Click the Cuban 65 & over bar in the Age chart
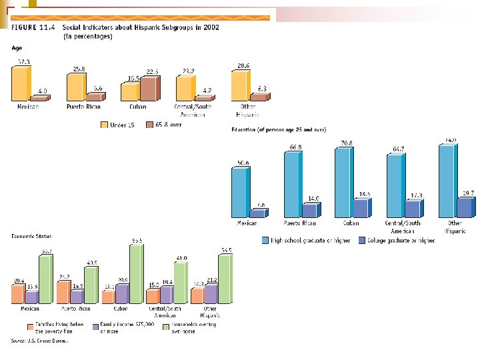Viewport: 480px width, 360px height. click(148, 89)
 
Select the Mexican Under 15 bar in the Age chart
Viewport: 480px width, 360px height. click(21, 83)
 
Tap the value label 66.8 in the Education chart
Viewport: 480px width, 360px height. click(292, 147)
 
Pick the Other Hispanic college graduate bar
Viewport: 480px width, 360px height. click(465, 207)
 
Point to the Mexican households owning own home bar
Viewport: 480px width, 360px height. click(45, 279)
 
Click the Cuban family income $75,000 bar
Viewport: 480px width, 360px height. click(122, 293)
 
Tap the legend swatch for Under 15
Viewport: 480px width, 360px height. click(105, 125)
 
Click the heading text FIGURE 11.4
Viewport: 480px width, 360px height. click(33, 27)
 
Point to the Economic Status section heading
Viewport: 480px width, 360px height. click(31, 235)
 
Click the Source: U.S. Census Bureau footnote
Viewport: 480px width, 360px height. click(39, 341)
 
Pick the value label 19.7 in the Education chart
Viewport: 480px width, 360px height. click(468, 193)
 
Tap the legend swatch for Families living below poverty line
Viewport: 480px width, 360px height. click(30, 327)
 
